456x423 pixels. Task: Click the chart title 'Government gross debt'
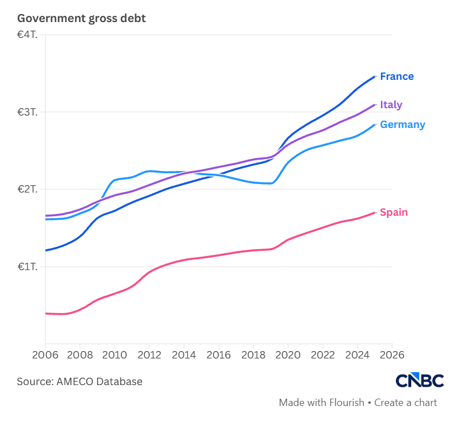coord(82,19)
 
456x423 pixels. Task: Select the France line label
coord(396,76)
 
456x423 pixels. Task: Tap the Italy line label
coord(391,105)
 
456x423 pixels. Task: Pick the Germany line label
coord(403,125)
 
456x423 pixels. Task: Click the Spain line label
coord(394,212)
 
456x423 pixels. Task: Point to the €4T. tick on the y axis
coord(27,35)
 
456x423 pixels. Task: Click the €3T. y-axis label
coord(27,112)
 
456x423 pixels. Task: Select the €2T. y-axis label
coord(27,189)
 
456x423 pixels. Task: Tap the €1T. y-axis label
coord(27,267)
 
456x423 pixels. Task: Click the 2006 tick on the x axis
coord(45,355)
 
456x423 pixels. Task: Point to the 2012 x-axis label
coord(149,355)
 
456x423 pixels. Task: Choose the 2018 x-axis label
coord(254,355)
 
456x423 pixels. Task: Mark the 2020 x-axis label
coord(288,355)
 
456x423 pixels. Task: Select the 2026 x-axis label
coord(392,355)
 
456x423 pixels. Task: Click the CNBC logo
coord(420,380)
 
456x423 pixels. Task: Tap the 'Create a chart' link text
coord(406,403)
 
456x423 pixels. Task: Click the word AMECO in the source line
coord(75,382)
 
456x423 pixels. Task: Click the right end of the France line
coord(374,76)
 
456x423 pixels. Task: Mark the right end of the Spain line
coord(374,213)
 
